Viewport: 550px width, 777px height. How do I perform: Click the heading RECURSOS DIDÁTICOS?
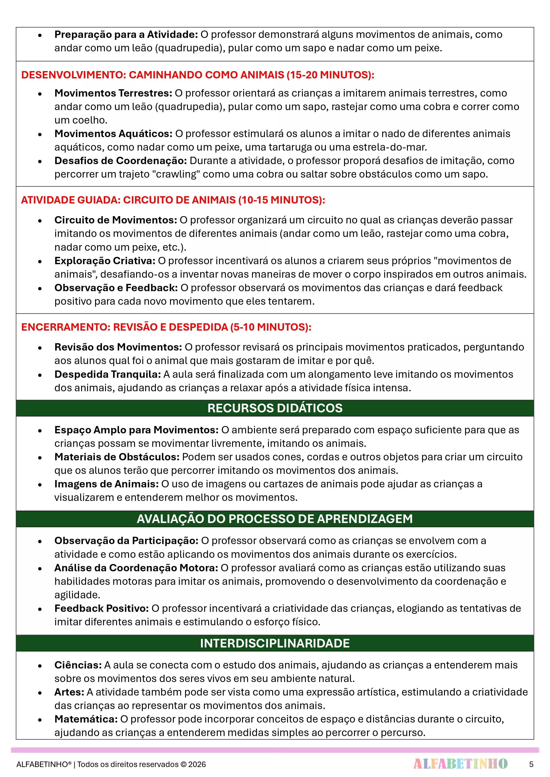[x=275, y=408]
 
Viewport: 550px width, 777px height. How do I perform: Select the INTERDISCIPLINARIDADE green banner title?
[x=275, y=643]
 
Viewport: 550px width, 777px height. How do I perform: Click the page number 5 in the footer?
[x=531, y=764]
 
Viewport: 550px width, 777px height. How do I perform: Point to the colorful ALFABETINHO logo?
[x=460, y=764]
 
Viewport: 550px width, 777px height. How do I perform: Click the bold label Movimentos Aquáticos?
[x=114, y=134]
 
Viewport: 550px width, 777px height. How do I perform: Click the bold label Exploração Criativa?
[x=105, y=261]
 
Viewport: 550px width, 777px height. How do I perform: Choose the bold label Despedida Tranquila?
[x=108, y=374]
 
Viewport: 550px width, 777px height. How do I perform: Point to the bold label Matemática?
[x=86, y=719]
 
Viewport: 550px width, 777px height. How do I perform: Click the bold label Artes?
[x=69, y=692]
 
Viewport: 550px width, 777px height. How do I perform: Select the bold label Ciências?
[x=78, y=665]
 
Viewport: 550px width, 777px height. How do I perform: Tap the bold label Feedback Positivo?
[x=101, y=608]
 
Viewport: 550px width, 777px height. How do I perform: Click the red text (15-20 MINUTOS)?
[x=330, y=75]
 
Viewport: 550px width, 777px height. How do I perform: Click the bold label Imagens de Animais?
[x=106, y=484]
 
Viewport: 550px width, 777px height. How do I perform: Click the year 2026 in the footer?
[x=197, y=764]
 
